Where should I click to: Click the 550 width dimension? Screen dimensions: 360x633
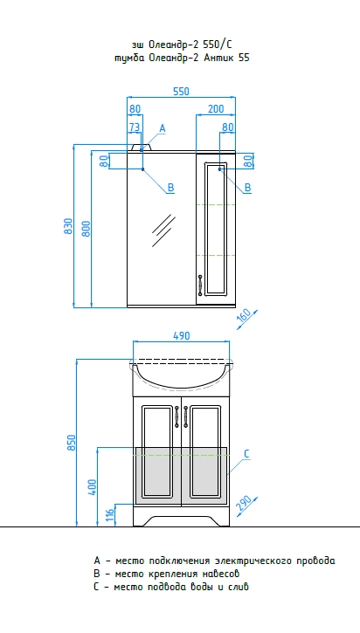click(181, 92)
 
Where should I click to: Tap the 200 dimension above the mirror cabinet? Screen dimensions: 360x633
click(216, 109)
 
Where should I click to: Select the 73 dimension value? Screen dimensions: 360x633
click(135, 127)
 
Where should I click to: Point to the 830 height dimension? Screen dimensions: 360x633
click(68, 226)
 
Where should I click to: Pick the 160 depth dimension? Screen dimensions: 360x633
click(244, 315)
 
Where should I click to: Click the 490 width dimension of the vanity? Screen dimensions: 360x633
click(181, 335)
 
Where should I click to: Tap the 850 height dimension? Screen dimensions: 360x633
click(71, 443)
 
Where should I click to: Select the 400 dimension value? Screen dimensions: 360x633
click(92, 487)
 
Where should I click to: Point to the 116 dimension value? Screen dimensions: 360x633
click(110, 515)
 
